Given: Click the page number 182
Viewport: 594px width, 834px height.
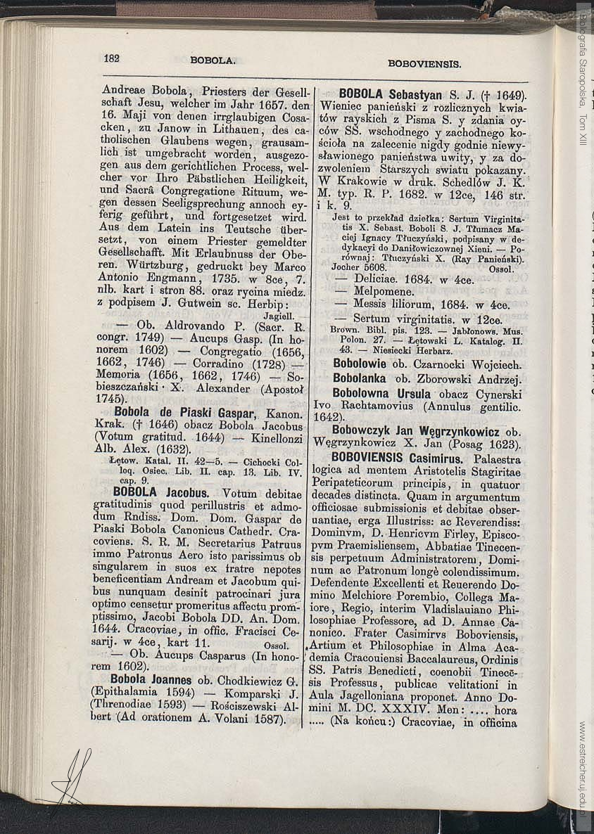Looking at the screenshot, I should pyautogui.click(x=111, y=59).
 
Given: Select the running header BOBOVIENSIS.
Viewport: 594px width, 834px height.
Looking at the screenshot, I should pyautogui.click(x=424, y=63).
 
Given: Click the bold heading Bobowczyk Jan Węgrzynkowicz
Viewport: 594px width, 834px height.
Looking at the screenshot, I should pyautogui.click(x=416, y=431).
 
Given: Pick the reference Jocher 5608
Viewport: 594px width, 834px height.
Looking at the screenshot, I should pyautogui.click(x=359, y=268).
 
